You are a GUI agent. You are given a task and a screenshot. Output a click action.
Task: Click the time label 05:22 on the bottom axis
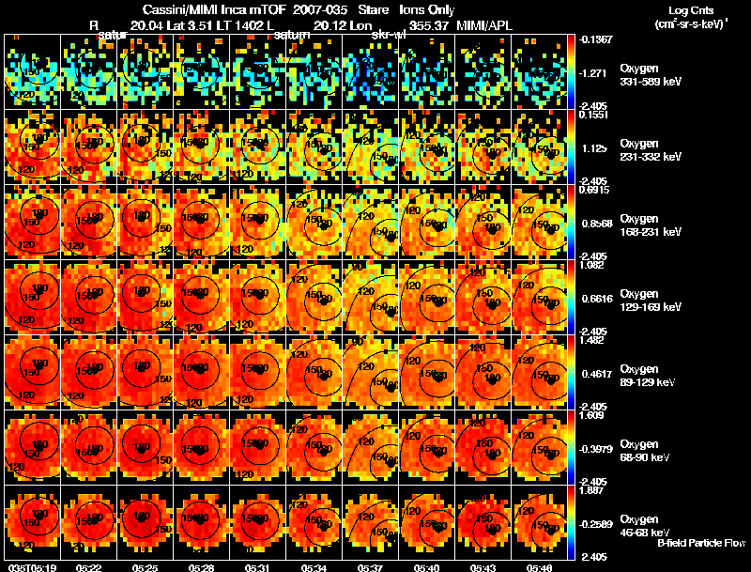(x=89, y=567)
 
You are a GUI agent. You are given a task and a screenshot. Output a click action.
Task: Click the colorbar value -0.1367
(x=595, y=39)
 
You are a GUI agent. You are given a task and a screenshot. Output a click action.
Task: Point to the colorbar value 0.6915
(x=595, y=190)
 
